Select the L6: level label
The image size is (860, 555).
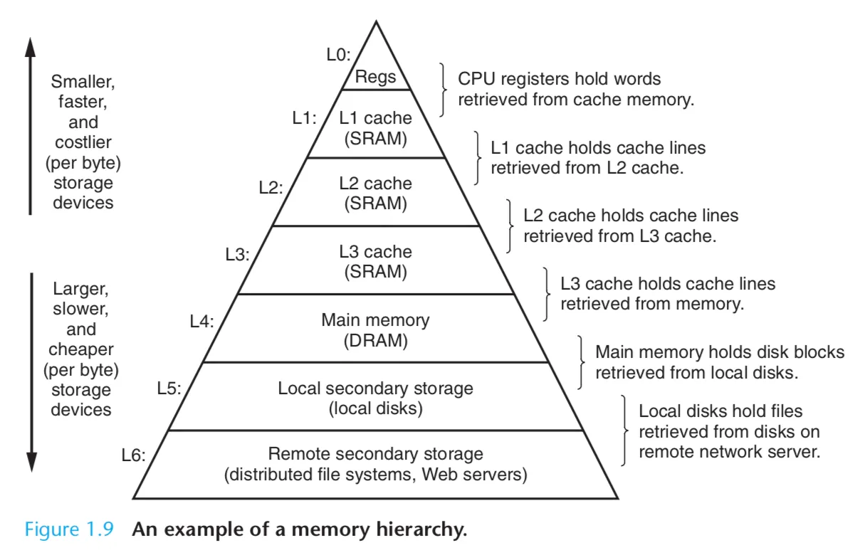click(x=132, y=456)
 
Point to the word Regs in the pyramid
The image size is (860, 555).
click(x=375, y=77)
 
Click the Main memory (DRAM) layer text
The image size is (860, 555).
click(x=375, y=330)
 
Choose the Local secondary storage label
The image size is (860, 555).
click(x=375, y=388)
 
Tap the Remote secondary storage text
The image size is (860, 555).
click(x=375, y=454)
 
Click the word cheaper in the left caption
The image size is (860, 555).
click(x=81, y=350)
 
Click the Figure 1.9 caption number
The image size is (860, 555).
click(x=69, y=530)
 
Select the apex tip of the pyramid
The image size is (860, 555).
click(x=375, y=22)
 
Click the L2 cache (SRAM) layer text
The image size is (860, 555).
click(x=375, y=193)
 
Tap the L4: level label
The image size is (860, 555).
click(x=201, y=322)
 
